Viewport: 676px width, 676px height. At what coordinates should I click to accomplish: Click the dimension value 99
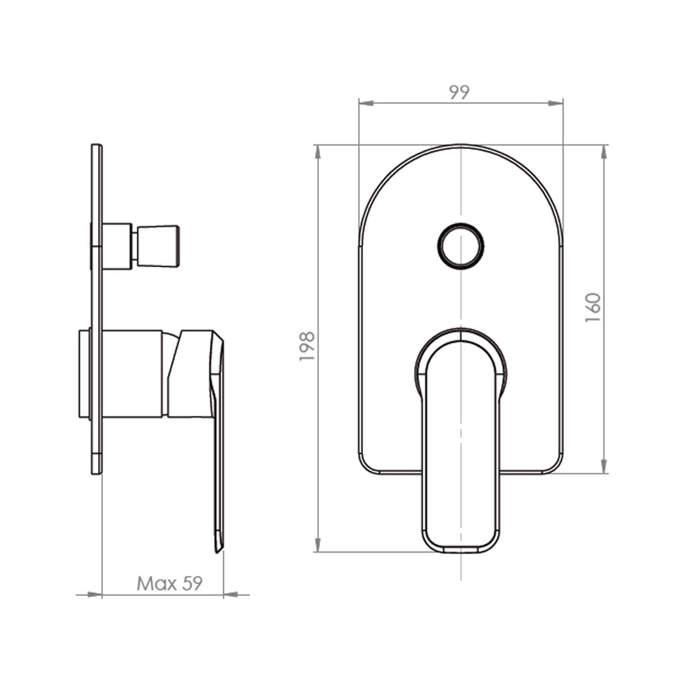point(459,92)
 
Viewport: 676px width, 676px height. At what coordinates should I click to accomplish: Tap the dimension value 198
point(307,346)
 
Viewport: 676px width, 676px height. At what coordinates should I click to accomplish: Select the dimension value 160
point(593,308)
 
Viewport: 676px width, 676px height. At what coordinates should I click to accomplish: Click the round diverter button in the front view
point(461,246)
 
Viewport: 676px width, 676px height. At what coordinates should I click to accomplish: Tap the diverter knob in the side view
point(158,246)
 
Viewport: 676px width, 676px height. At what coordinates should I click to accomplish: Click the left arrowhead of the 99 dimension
point(366,103)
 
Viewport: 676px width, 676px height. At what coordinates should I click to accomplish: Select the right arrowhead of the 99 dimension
point(555,103)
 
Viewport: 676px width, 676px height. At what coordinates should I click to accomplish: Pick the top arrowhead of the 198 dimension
point(318,152)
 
